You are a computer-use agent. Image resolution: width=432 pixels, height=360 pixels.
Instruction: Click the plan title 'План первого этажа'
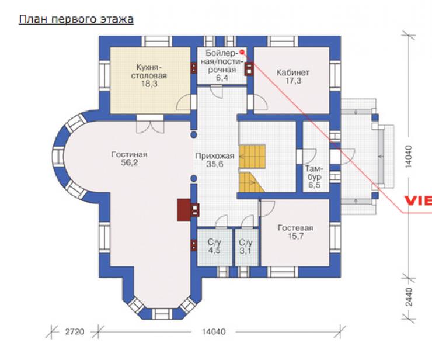point(76,20)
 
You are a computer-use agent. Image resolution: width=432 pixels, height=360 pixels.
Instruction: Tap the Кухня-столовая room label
point(149,71)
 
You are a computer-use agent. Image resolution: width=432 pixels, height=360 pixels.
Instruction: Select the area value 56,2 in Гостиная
point(129,162)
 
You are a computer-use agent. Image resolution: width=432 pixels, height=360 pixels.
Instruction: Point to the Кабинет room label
point(292,72)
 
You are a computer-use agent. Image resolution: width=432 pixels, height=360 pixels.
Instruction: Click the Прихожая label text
point(215,156)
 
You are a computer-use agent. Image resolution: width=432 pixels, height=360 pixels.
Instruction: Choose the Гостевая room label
point(295,228)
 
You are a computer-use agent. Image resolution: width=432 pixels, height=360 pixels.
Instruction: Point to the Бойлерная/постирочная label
point(221,61)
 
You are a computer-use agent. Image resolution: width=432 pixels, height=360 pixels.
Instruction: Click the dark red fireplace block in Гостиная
point(183,210)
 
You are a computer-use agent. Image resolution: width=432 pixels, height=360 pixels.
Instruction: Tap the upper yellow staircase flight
point(252,157)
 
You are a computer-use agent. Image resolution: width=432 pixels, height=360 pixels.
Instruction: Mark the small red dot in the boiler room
point(242,52)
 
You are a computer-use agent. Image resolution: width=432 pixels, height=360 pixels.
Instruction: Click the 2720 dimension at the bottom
point(74,331)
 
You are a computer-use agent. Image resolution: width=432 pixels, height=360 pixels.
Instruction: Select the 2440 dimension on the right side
point(409,297)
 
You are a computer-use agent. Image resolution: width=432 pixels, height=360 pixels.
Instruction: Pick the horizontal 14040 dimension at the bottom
point(214,331)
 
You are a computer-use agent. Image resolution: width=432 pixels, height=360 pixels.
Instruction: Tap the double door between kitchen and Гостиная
point(151,124)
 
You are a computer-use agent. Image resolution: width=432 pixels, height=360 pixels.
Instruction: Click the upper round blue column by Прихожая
point(194,134)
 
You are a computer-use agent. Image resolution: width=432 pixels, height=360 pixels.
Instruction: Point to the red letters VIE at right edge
point(418,200)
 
